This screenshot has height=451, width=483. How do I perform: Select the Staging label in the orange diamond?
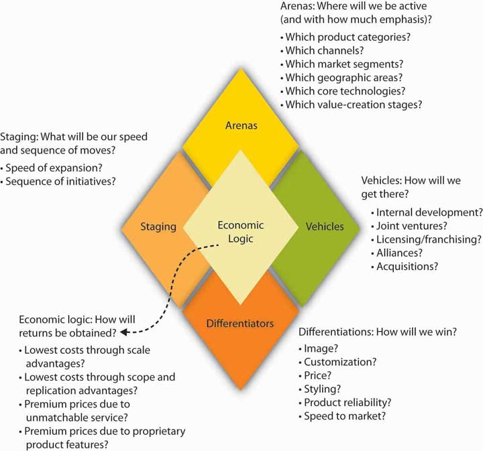point(158,227)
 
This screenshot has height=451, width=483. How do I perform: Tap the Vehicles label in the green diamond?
point(324,227)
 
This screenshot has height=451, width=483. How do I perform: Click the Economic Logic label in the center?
point(241,233)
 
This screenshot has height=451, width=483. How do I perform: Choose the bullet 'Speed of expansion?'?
point(52,166)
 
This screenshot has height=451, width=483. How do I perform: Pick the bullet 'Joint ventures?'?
point(411,226)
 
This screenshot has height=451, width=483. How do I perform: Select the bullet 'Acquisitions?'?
point(407,266)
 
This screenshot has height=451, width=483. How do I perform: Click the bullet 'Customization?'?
point(340,362)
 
